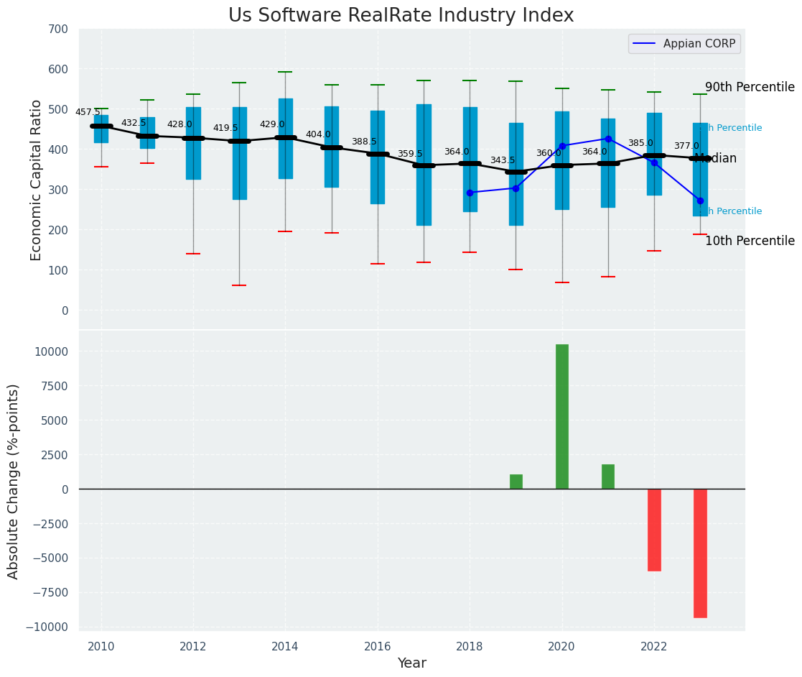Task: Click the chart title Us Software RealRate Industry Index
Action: [x=401, y=16]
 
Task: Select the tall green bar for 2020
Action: [x=561, y=417]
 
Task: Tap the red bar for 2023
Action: [x=700, y=553]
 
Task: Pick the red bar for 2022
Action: [x=654, y=530]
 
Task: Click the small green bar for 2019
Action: [x=516, y=482]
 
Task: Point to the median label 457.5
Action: [x=88, y=112]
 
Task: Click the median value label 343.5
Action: [x=503, y=160]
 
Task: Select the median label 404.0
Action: [x=318, y=134]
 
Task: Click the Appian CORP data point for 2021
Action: [x=608, y=139]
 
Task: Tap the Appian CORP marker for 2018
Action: [x=470, y=193]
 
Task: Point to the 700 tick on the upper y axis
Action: [x=58, y=29]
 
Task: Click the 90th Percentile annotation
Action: [x=750, y=87]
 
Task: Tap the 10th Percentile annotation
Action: [x=750, y=241]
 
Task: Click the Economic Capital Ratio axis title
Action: [x=37, y=180]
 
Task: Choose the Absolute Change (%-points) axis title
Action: [x=14, y=481]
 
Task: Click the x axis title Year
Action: [x=412, y=663]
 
